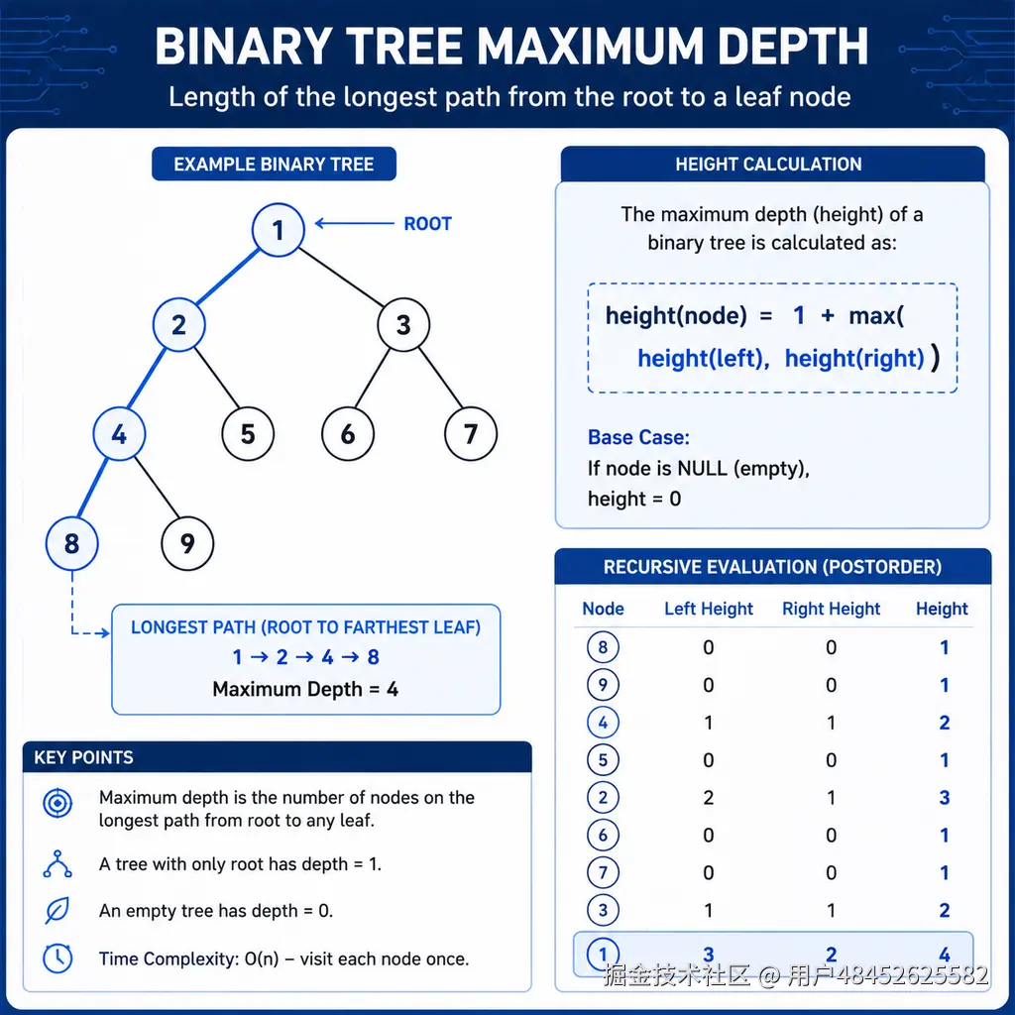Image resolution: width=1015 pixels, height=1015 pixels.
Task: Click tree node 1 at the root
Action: click(x=279, y=230)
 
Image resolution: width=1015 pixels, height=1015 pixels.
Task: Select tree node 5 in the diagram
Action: click(x=248, y=434)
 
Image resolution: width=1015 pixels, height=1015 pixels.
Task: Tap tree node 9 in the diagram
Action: click(x=187, y=543)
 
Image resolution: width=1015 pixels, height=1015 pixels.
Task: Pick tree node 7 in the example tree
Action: click(x=471, y=434)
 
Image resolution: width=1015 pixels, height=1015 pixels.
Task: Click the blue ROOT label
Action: click(x=427, y=224)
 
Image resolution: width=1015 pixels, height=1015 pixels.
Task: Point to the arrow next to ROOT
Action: click(x=354, y=223)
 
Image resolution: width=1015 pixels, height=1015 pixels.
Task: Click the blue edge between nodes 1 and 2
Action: click(x=228, y=278)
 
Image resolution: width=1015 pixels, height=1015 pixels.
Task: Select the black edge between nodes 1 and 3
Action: click(x=341, y=278)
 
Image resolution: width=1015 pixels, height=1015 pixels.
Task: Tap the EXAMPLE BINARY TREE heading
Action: click(x=274, y=165)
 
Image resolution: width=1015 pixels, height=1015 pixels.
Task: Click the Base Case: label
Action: click(x=638, y=437)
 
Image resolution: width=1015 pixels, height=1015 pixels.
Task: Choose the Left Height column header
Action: click(x=709, y=610)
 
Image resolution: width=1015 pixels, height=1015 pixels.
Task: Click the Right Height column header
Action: click(x=832, y=610)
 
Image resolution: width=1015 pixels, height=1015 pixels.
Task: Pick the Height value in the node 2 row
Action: click(x=945, y=798)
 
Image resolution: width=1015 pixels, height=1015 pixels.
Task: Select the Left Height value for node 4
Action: click(x=709, y=723)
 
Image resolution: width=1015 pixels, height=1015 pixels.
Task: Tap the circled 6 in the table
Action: click(x=603, y=835)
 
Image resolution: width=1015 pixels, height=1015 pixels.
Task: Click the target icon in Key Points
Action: click(x=57, y=804)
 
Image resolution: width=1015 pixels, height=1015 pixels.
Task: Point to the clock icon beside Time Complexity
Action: click(x=57, y=959)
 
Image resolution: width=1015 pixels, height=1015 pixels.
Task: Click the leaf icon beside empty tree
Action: click(x=56, y=912)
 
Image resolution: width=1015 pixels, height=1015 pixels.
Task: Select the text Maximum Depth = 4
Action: click(x=305, y=690)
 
